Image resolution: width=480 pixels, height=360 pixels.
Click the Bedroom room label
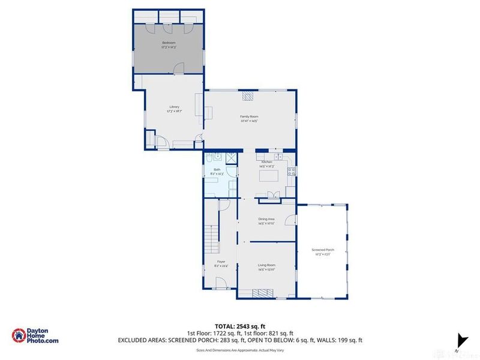coord(169,45)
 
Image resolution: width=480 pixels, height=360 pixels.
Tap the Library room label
coord(174,109)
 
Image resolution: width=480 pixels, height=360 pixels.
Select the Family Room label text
coord(250,118)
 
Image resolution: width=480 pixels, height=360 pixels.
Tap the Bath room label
coord(216,172)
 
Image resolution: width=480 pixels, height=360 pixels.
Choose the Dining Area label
coord(266,221)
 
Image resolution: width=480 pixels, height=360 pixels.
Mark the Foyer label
coord(221,264)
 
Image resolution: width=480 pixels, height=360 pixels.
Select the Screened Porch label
coord(322,252)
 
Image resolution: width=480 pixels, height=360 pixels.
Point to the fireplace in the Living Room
coord(262,293)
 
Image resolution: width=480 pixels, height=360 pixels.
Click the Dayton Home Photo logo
coord(36,336)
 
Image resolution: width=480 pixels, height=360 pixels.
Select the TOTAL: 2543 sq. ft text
coord(241,326)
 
